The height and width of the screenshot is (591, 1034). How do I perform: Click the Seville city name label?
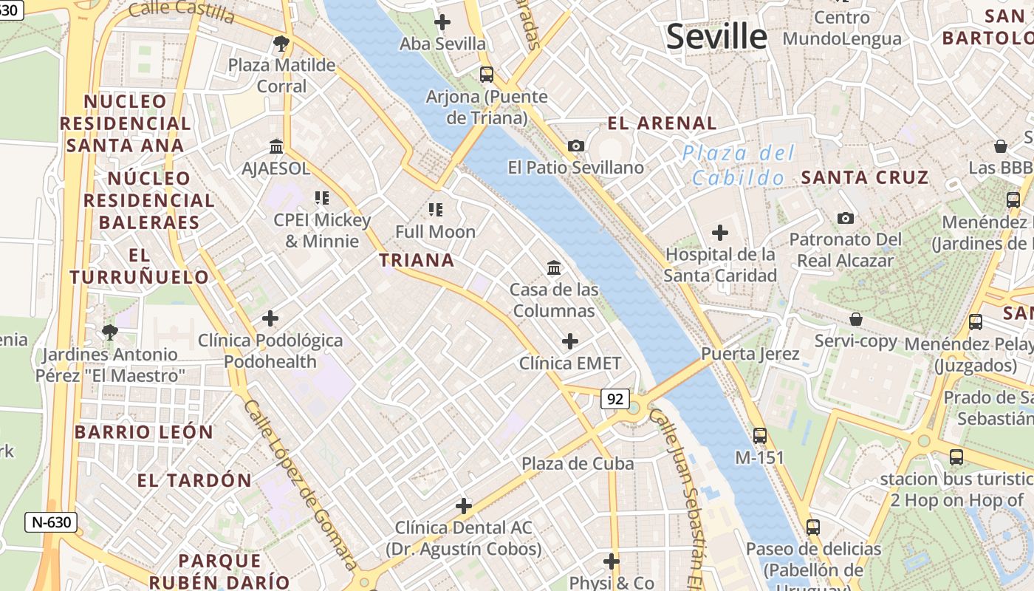[x=716, y=37]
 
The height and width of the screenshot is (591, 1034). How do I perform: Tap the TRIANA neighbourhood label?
[x=417, y=260]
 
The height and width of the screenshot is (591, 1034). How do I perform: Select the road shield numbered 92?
[x=614, y=400]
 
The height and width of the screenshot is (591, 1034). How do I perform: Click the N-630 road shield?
[x=51, y=522]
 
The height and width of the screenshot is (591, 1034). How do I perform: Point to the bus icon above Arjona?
[x=486, y=75]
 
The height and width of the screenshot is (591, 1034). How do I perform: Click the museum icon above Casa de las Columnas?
[x=554, y=267]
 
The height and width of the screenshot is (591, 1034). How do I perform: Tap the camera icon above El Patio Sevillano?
[x=576, y=146]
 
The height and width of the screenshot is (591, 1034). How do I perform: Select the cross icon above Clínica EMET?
[x=569, y=341]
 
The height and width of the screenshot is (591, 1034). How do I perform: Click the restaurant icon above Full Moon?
[x=435, y=210]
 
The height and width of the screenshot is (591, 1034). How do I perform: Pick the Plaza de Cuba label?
[x=578, y=464]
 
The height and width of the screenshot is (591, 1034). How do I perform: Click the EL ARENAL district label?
[x=662, y=123]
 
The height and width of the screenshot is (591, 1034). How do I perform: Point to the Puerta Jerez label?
[x=750, y=354]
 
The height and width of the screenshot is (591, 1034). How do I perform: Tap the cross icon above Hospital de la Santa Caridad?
[x=719, y=233]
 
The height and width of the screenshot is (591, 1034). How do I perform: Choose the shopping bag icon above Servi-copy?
[x=855, y=319]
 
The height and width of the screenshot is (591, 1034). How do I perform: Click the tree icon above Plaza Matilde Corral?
[x=281, y=44]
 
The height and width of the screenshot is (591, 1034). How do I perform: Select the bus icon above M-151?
[x=759, y=436]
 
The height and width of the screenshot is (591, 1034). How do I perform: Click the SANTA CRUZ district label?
[x=864, y=177]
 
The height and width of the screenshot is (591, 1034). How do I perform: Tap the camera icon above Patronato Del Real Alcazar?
[x=846, y=218]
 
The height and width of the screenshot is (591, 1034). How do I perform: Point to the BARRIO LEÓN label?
[x=143, y=432]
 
